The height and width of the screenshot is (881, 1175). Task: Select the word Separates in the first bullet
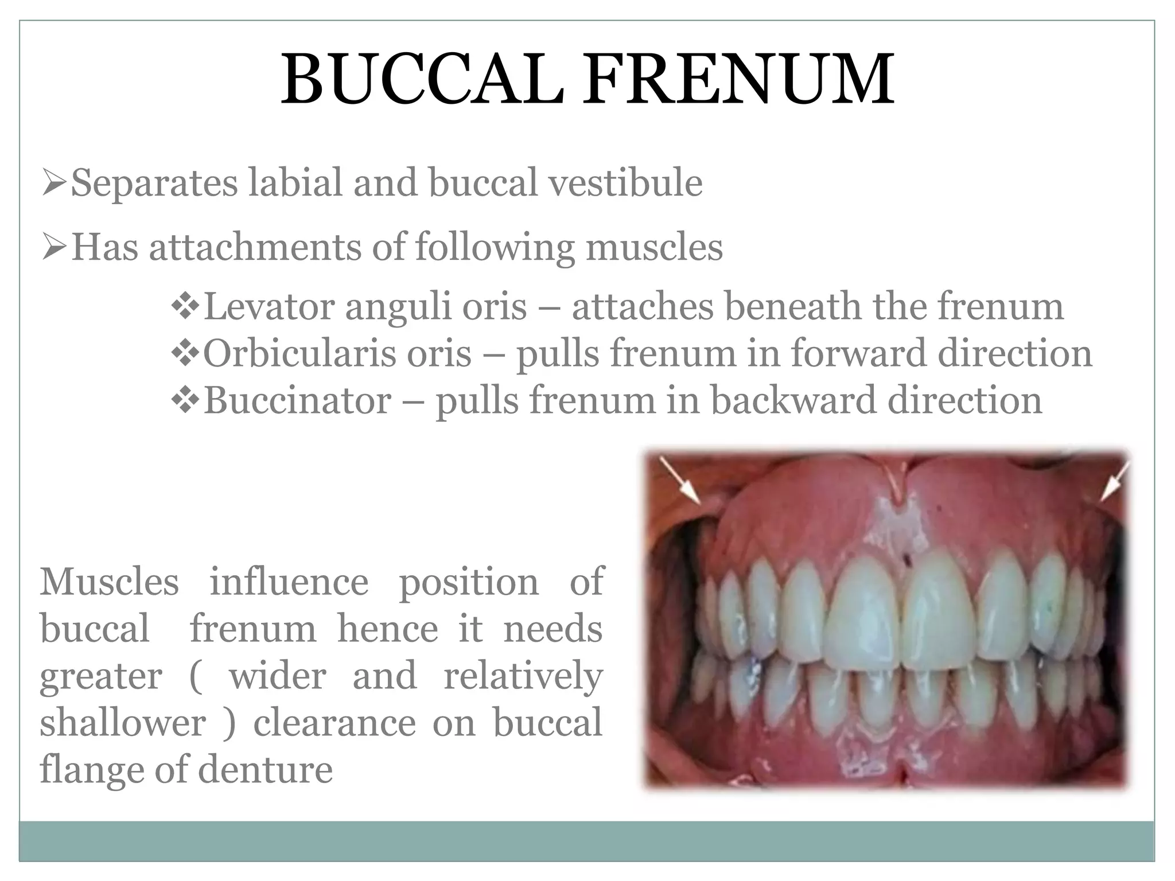154,184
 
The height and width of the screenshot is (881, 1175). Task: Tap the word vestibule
625,184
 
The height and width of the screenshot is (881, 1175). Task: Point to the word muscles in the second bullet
654,248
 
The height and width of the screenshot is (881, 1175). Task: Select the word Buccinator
297,400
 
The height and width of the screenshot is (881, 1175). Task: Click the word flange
91,771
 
